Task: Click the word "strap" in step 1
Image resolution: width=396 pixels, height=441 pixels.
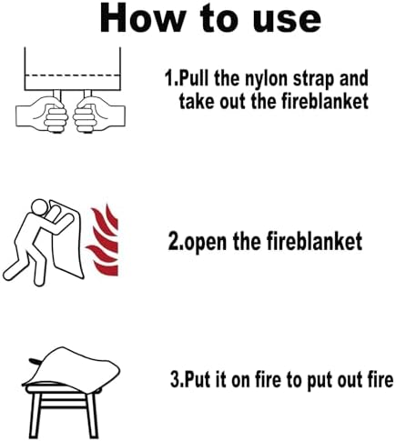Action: click(312, 79)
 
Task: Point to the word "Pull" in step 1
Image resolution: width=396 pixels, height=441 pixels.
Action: click(194, 78)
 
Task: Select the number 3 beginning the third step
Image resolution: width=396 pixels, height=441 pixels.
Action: click(174, 379)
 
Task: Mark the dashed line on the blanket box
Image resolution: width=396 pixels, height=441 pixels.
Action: click(72, 75)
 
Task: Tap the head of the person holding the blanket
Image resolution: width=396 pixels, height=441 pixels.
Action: click(39, 207)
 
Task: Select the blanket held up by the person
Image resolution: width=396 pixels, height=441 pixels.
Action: click(66, 239)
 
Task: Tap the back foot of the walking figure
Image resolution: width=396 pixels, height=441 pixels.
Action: click(12, 272)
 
